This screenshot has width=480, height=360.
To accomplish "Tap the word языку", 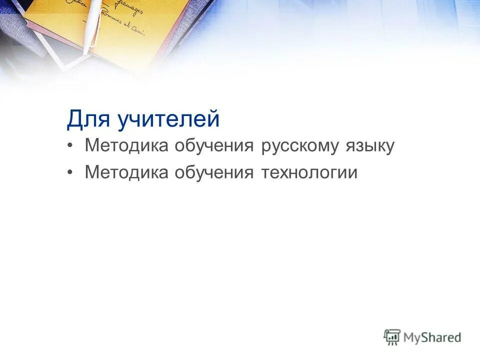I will [x=369, y=146].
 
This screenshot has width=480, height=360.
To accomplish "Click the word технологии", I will [x=309, y=172].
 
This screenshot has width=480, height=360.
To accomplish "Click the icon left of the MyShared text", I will [x=392, y=336].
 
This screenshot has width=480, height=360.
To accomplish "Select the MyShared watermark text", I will [x=432, y=337].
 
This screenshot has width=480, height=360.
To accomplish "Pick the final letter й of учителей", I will [x=214, y=119].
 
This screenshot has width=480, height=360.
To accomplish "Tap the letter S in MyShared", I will [x=425, y=337].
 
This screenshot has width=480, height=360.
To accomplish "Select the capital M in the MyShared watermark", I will [x=409, y=337].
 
